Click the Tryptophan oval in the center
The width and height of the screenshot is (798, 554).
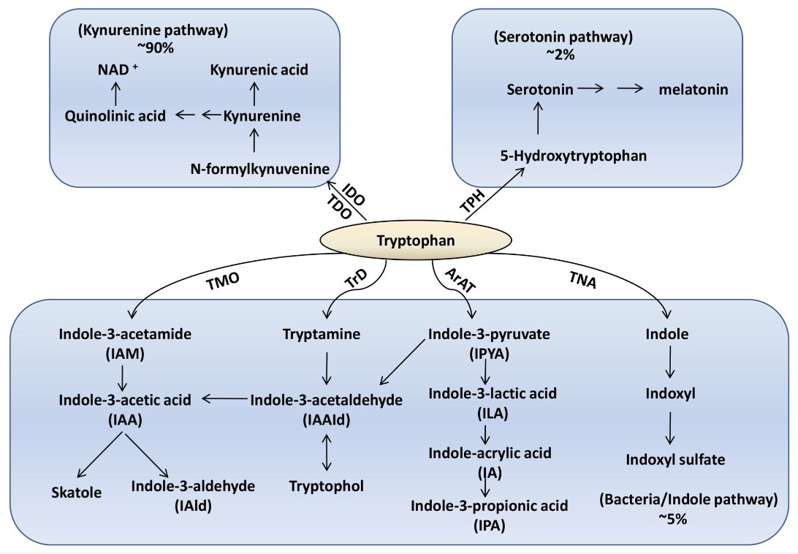(415, 240)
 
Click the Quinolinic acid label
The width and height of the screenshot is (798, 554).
(115, 115)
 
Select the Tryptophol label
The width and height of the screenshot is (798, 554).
(326, 485)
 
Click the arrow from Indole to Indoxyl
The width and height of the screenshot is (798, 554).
(669, 365)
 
